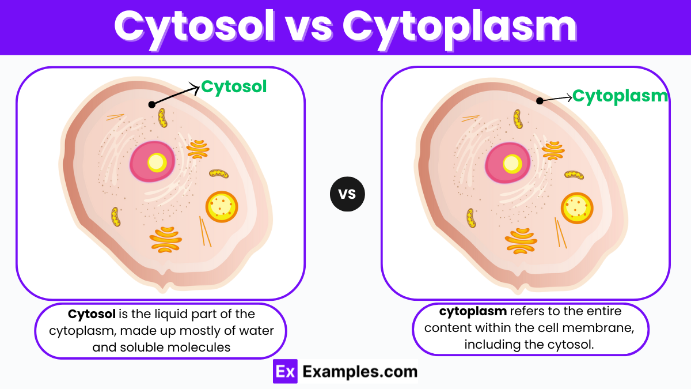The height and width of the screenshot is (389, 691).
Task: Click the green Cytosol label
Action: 234,87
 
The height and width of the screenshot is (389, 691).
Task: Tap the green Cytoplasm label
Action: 620,96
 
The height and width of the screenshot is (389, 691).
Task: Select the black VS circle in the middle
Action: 347,194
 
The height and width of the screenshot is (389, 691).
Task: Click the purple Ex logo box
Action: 284,372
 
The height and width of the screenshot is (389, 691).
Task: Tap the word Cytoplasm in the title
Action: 459,27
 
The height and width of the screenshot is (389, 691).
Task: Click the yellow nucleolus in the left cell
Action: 157,163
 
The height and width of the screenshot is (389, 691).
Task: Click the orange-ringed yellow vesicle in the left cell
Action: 222,206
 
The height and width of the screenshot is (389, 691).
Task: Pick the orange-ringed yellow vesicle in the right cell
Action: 577,207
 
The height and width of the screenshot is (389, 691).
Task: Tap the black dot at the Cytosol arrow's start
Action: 151,104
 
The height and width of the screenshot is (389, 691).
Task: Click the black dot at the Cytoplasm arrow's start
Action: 540,101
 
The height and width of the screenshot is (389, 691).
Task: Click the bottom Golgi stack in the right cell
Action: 521,241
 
